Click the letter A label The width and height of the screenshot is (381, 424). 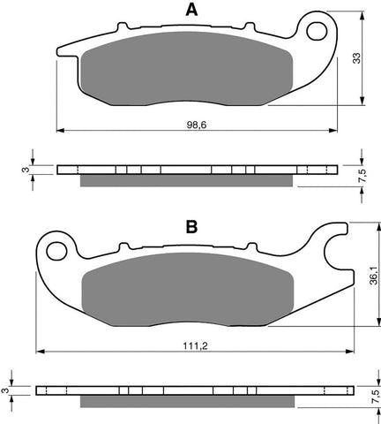[x=190, y=10]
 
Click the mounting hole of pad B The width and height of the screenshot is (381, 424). [x=56, y=252]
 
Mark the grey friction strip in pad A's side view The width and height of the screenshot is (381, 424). [x=187, y=181]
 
